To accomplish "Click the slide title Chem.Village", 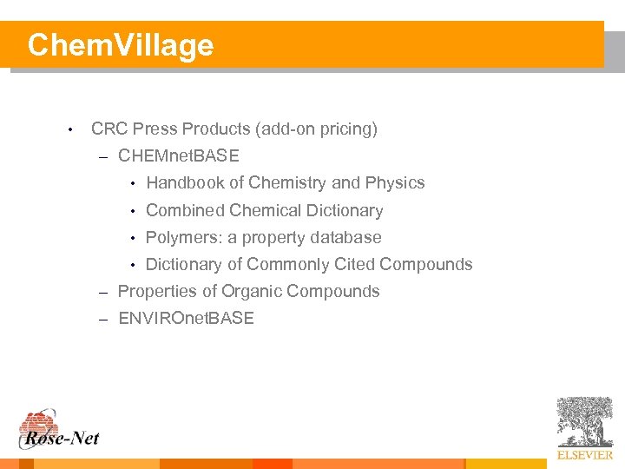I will (120, 45).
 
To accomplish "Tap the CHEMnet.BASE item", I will (179, 156).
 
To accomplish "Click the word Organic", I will (253, 292).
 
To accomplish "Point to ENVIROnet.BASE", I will (186, 319).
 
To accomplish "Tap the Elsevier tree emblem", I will (584, 422).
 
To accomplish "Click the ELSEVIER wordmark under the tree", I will (584, 455).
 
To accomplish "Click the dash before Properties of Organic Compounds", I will (102, 292).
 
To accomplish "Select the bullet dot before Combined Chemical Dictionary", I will (133, 211).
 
